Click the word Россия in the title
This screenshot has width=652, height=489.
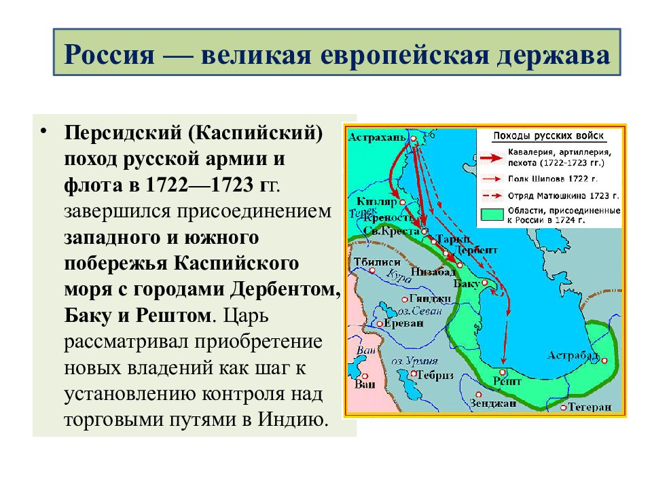pyautogui.click(x=109, y=54)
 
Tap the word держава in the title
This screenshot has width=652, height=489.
pyautogui.click(x=553, y=54)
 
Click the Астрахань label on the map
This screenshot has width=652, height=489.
pyautogui.click(x=377, y=137)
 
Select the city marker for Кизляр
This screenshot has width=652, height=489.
pyautogui.click(x=403, y=202)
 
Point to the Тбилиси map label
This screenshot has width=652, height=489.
pyautogui.click(x=377, y=262)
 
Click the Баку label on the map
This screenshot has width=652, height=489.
pyautogui.click(x=467, y=284)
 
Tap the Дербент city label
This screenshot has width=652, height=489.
pyautogui.click(x=475, y=250)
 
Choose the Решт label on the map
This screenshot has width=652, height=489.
pyautogui.click(x=507, y=381)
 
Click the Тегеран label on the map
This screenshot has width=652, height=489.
pyautogui.click(x=590, y=407)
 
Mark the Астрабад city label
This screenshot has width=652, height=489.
pyautogui.click(x=573, y=356)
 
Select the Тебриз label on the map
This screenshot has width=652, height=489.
pyautogui.click(x=435, y=375)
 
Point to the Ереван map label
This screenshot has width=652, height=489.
pyautogui.click(x=403, y=323)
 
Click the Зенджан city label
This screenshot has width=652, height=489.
pyautogui.click(x=493, y=403)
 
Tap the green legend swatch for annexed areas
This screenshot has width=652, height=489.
pyautogui.click(x=492, y=215)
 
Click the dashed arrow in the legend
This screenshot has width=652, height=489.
pyautogui.click(x=492, y=196)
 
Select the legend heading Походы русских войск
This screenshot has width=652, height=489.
pyautogui.click(x=548, y=136)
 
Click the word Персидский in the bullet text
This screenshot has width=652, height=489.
pyautogui.click(x=123, y=133)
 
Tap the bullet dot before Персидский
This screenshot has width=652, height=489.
pyautogui.click(x=43, y=130)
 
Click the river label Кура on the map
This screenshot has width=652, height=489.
pyautogui.click(x=399, y=276)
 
